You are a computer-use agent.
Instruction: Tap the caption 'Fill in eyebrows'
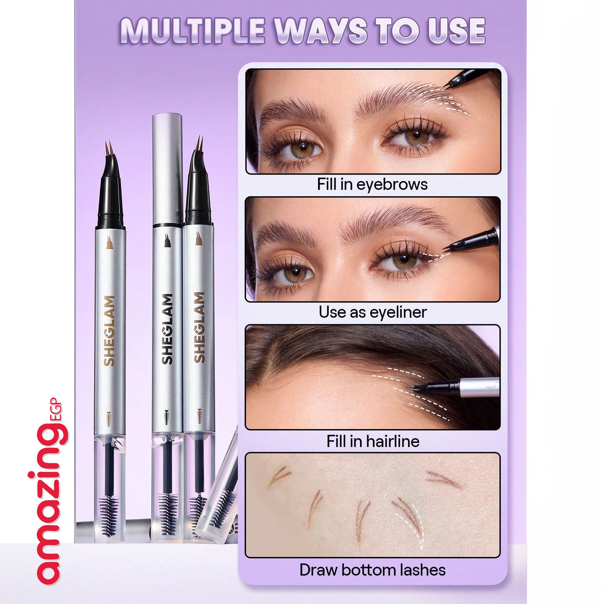click(372, 184)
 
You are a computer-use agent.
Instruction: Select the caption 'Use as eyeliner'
click(373, 312)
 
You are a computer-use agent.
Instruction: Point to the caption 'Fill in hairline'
click(373, 441)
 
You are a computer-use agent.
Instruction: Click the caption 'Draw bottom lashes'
click(373, 570)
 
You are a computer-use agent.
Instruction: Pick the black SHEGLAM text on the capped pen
click(168, 329)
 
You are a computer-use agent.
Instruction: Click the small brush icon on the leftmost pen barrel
click(109, 419)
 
